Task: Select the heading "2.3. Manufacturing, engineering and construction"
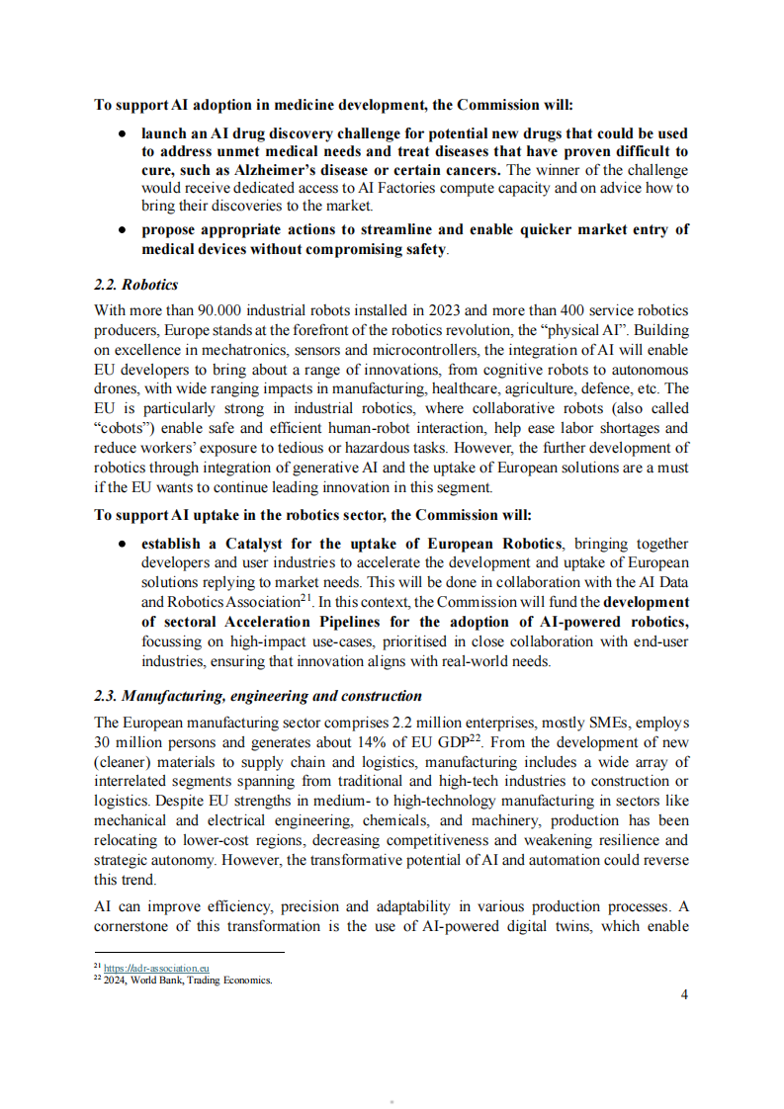coord(257,696)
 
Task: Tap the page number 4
coord(684,994)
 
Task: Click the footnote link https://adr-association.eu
coord(156,969)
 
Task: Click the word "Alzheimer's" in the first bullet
coord(239,170)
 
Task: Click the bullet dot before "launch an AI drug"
coord(121,132)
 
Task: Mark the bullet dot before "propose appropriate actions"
coord(121,229)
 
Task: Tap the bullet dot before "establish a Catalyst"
coord(121,545)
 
